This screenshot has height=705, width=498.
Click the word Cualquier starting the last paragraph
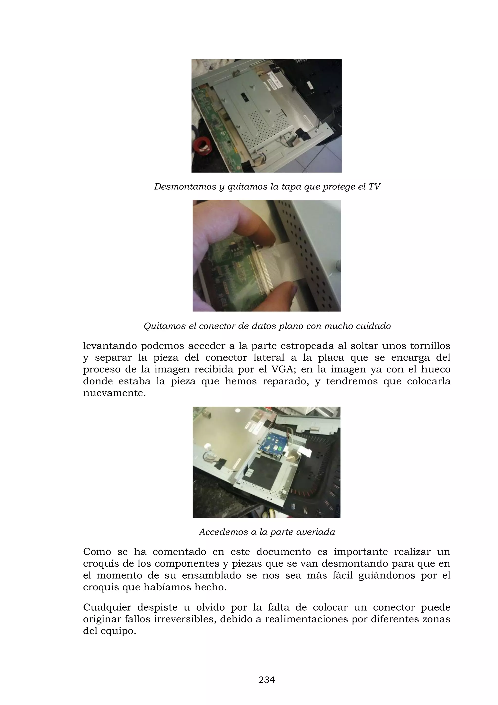[107, 607]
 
